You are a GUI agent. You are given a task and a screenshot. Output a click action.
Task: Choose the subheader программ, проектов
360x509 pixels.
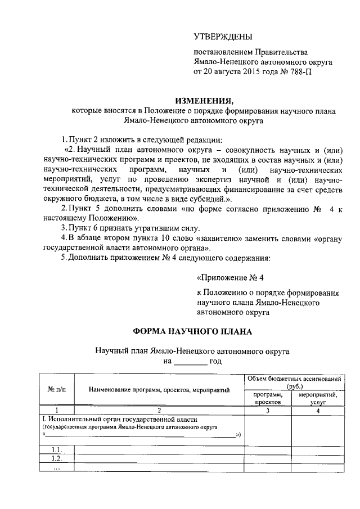click(x=268, y=399)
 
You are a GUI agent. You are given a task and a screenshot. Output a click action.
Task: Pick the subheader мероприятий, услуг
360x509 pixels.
click(x=318, y=399)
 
